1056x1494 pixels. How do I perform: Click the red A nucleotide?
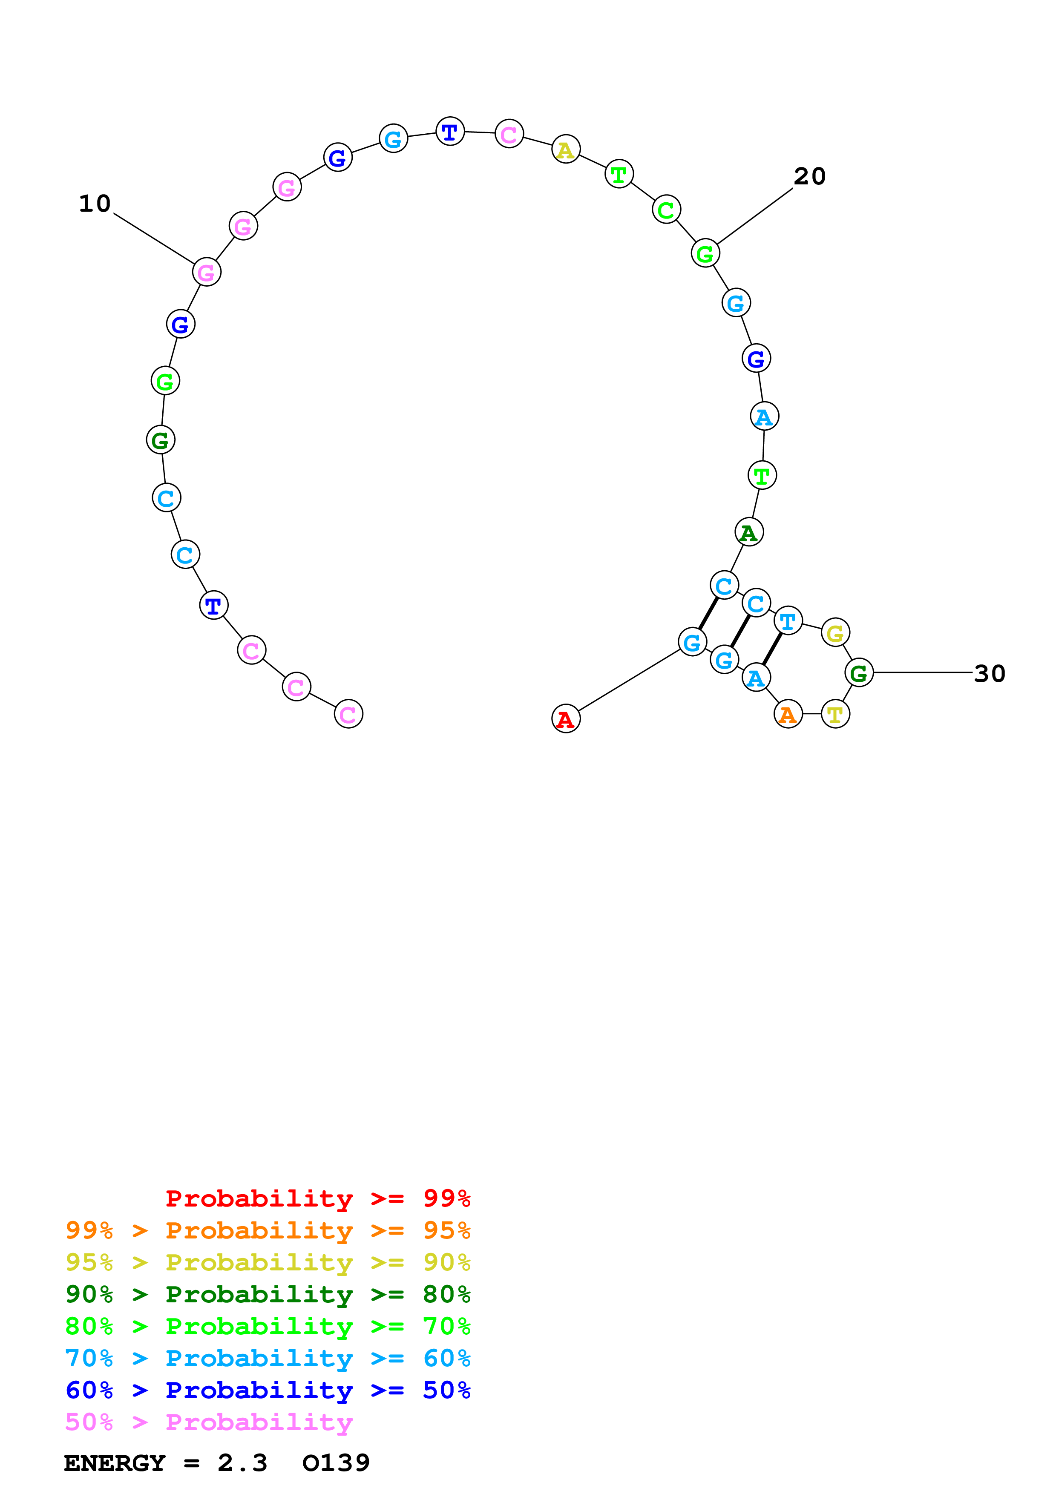(x=565, y=719)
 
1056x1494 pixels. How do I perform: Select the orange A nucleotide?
(x=788, y=715)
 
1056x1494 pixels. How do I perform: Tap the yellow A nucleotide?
(x=565, y=149)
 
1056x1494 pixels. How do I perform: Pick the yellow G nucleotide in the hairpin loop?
(x=835, y=632)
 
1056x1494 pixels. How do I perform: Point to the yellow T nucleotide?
(x=835, y=715)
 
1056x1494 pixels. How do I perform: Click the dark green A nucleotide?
(x=749, y=532)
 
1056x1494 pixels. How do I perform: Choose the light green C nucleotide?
(x=666, y=210)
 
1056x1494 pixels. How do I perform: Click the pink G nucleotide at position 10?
(x=206, y=272)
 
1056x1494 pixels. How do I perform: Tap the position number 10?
(x=95, y=204)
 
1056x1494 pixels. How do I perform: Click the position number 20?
(x=809, y=176)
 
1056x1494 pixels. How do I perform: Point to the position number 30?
(x=989, y=673)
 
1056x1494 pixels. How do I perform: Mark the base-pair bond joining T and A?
(x=772, y=649)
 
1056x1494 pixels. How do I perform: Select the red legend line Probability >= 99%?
(x=317, y=1198)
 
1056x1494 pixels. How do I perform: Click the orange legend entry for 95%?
(x=268, y=1230)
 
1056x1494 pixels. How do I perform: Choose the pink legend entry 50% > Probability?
(x=209, y=1422)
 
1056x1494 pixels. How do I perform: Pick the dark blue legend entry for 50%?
(x=268, y=1390)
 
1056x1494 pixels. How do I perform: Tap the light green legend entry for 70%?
(x=268, y=1326)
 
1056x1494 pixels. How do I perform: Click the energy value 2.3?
(x=242, y=1463)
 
